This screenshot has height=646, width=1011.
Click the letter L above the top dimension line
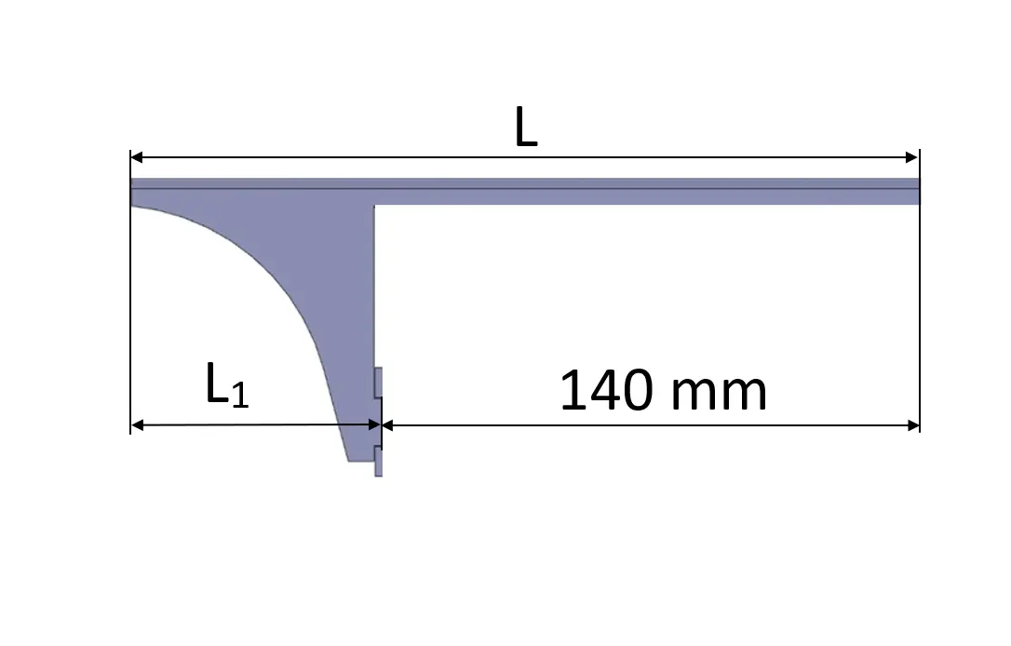[x=526, y=127]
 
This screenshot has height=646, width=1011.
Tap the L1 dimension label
[x=227, y=384]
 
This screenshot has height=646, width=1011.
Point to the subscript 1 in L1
[x=240, y=395]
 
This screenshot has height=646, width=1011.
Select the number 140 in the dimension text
[x=607, y=391]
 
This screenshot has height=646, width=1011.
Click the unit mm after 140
[x=719, y=394]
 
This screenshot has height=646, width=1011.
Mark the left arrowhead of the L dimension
[x=137, y=156]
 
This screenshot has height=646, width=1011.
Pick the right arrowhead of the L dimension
[x=912, y=156]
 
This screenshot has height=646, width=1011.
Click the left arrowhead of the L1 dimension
[x=137, y=424]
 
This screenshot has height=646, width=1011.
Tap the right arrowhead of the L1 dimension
[x=374, y=424]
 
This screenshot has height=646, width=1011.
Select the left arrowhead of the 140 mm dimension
[x=388, y=424]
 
